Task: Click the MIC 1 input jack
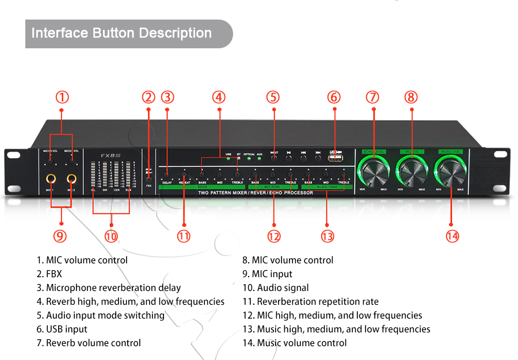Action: (x=51, y=179)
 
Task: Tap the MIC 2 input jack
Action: (x=72, y=179)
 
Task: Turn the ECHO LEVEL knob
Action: (x=374, y=170)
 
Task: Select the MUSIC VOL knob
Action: (x=451, y=170)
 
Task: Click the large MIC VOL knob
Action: (x=412, y=170)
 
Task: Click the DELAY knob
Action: (x=167, y=174)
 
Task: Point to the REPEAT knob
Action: (x=184, y=174)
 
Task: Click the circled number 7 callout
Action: (x=372, y=97)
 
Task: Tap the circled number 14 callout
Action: (x=452, y=236)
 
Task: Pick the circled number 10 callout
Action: (x=111, y=236)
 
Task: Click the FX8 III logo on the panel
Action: (x=110, y=156)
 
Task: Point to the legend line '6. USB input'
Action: (x=62, y=329)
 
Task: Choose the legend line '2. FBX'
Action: (x=49, y=274)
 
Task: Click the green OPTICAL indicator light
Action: (x=249, y=159)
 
